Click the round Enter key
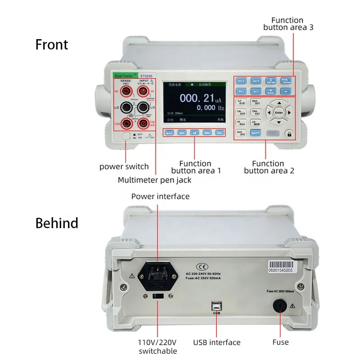pyautogui.click(x=279, y=112)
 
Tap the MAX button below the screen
pyautogui.click(x=169, y=133)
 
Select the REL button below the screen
pyautogui.click(x=220, y=133)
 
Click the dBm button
pyautogui.click(x=207, y=133)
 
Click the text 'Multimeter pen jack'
pyautogui.click(x=154, y=180)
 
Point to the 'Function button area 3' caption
pyautogui.click(x=288, y=23)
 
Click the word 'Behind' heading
pyautogui.click(x=57, y=223)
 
